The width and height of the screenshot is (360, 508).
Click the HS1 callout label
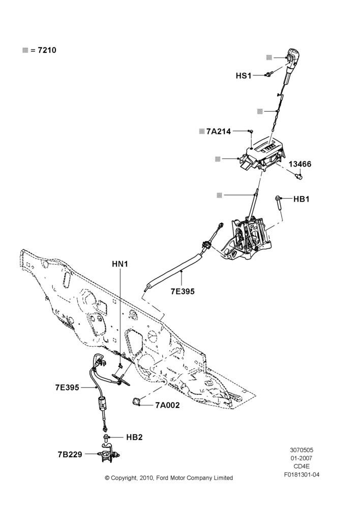[244, 76]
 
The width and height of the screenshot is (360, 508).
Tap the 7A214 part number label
[219, 131]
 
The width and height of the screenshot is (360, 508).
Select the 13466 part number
[300, 164]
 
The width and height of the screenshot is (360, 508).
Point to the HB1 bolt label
[302, 199]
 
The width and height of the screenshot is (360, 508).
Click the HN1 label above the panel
[120, 264]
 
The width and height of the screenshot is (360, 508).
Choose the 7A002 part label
[167, 405]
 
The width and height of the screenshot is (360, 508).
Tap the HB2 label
[134, 437]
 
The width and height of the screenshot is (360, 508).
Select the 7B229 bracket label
[70, 455]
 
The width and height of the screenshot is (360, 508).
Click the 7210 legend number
[47, 50]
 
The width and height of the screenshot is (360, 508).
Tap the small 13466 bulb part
[298, 176]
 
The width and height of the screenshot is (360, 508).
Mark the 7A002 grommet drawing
[136, 401]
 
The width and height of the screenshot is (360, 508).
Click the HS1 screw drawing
[268, 75]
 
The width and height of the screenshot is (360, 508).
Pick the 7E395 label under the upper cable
[183, 292]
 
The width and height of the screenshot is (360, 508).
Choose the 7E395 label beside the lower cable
[67, 388]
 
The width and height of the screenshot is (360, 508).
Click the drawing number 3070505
[302, 450]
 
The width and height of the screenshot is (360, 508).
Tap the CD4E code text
[302, 466]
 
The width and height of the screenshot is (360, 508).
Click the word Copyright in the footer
[125, 478]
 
